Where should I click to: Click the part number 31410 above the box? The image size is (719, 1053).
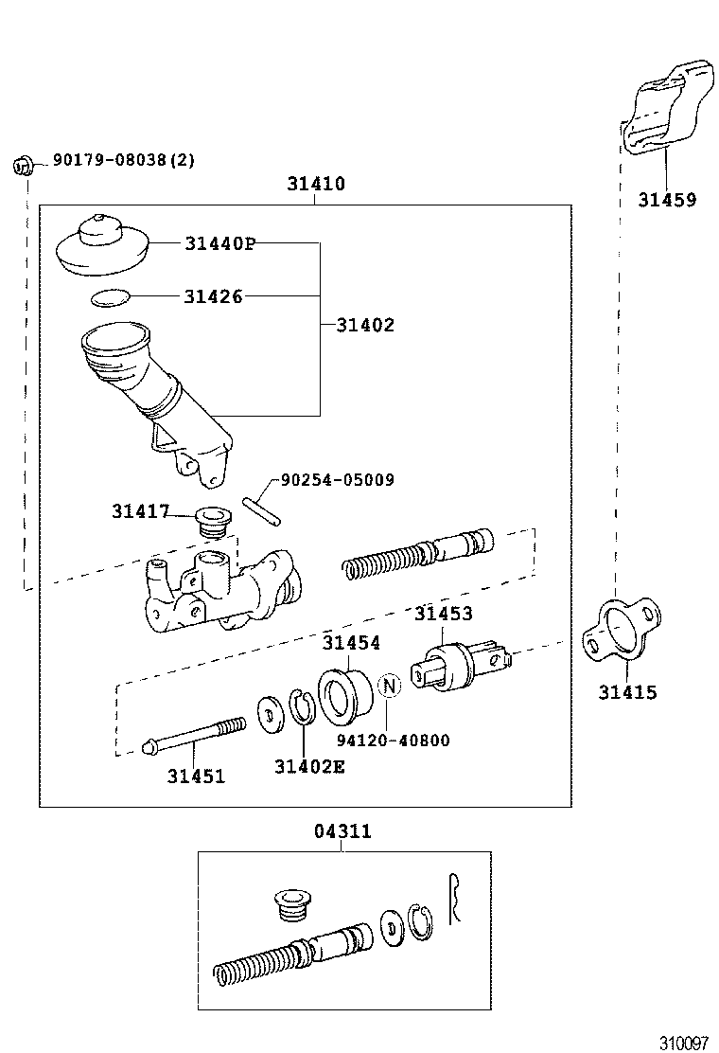pyautogui.click(x=316, y=185)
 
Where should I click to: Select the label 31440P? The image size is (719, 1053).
pyautogui.click(x=219, y=243)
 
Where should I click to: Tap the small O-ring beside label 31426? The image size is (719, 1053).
pyautogui.click(x=112, y=298)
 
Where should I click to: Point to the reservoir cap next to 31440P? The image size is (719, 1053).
pyautogui.click(x=103, y=245)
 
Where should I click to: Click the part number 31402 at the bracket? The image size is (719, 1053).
pyautogui.click(x=365, y=325)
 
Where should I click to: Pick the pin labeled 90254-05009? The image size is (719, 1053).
pyautogui.click(x=262, y=509)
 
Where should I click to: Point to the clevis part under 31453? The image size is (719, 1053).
pyautogui.click(x=463, y=667)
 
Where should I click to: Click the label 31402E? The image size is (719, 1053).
pyautogui.click(x=309, y=766)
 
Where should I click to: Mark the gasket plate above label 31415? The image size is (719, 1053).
pyautogui.click(x=615, y=634)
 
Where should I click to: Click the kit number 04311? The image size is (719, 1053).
pyautogui.click(x=342, y=831)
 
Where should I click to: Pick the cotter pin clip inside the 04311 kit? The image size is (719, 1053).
pyautogui.click(x=455, y=899)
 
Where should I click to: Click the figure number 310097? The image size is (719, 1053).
pyautogui.click(x=683, y=1043)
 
